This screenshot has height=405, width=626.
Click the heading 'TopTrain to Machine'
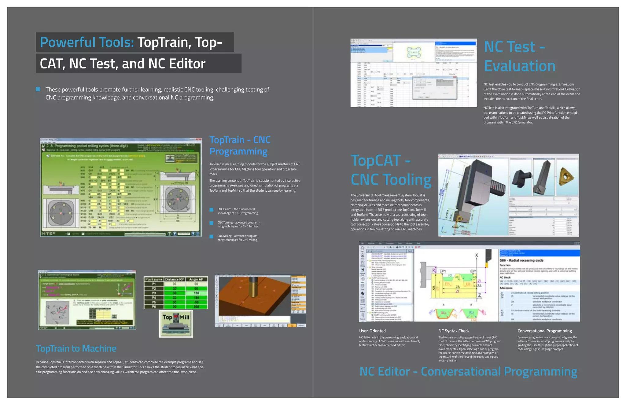pyautogui.click(x=76, y=348)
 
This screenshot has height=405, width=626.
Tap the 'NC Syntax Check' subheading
pyautogui.click(x=454, y=331)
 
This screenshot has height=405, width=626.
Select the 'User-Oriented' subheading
pyautogui.click(x=372, y=331)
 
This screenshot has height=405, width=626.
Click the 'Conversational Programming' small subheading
pyautogui.click(x=544, y=331)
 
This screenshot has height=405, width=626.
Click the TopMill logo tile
pyautogui.click(x=176, y=323)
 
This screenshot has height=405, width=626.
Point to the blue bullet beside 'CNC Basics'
pyautogui.click(x=211, y=210)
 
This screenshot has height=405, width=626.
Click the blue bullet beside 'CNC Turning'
pyautogui.click(x=211, y=223)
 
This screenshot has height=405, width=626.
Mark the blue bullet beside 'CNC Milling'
pyautogui.click(x=211, y=237)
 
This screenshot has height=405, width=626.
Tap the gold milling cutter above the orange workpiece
pyautogui.click(x=253, y=287)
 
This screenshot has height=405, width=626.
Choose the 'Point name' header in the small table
pyautogui.click(x=154, y=279)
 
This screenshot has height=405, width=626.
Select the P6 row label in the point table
pyautogui.click(x=154, y=307)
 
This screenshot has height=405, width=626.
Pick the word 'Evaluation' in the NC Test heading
pyautogui.click(x=519, y=66)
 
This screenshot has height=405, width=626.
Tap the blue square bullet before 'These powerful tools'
pyautogui.click(x=38, y=89)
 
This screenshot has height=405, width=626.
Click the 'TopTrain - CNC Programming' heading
pyautogui.click(x=240, y=145)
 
